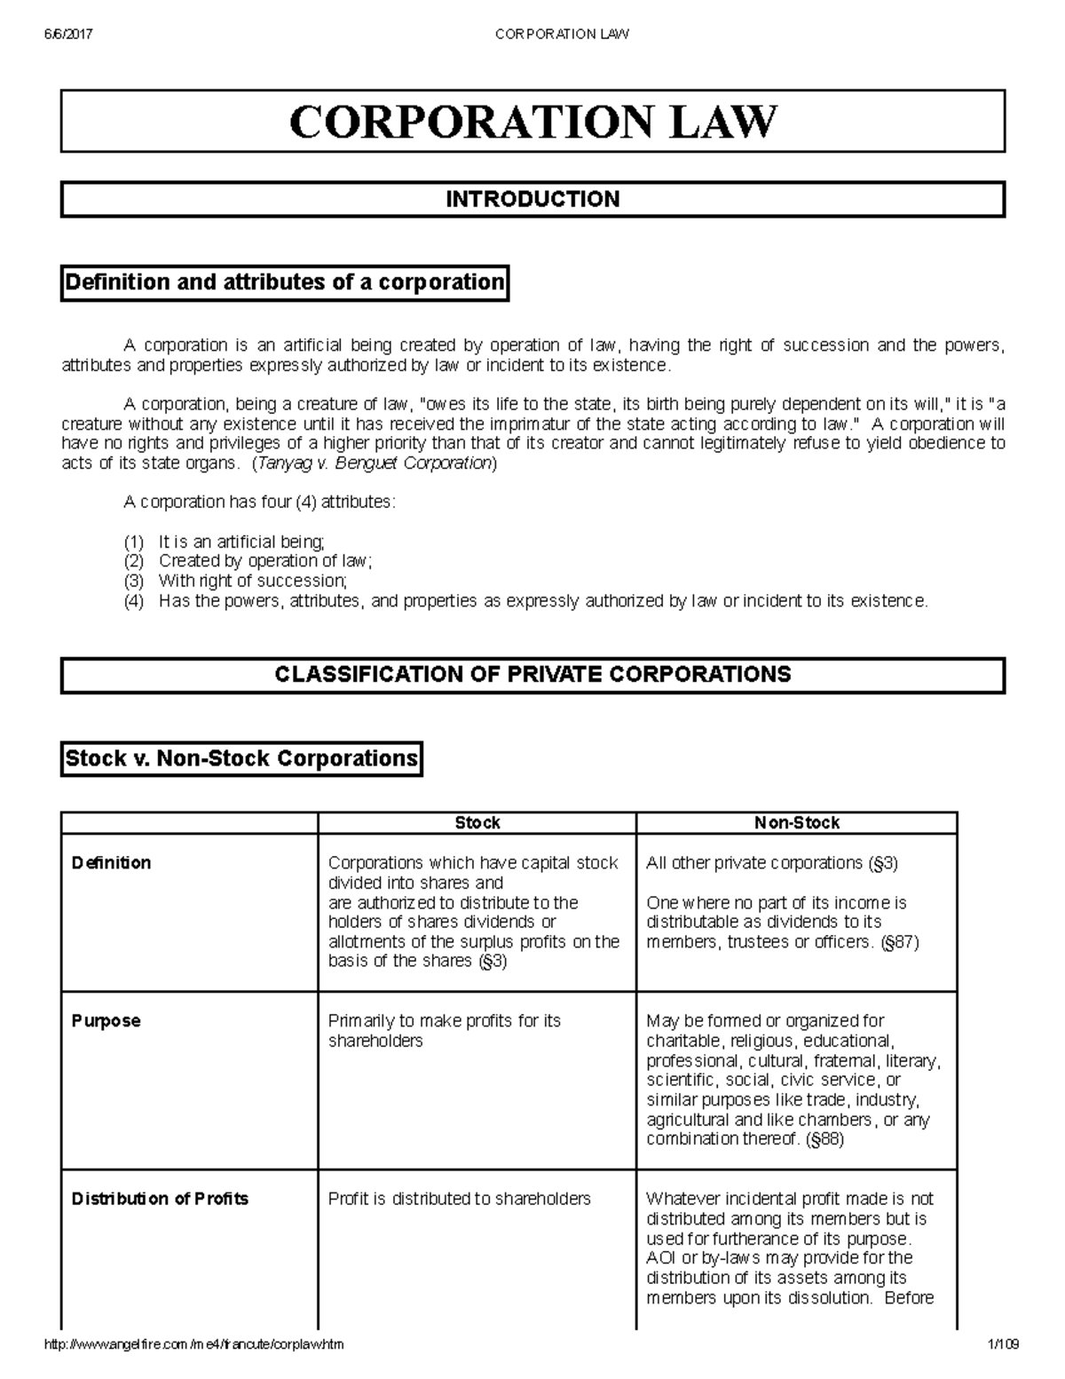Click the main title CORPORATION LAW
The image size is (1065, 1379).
pyautogui.click(x=532, y=122)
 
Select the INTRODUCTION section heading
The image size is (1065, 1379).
pyautogui.click(x=532, y=199)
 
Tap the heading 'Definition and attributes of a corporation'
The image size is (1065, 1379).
pyautogui.click(x=284, y=282)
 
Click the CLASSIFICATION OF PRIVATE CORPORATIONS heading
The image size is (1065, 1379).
pyautogui.click(x=532, y=674)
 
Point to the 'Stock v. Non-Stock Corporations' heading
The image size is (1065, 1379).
pyautogui.click(x=241, y=758)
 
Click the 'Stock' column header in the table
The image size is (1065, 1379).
pyautogui.click(x=477, y=823)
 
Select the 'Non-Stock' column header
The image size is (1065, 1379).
pyautogui.click(x=796, y=823)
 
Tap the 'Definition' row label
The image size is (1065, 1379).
pyautogui.click(x=111, y=862)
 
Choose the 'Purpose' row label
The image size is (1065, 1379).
pyautogui.click(x=106, y=1020)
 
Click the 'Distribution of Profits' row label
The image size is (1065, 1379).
pyautogui.click(x=160, y=1199)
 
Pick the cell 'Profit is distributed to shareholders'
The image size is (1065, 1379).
pyautogui.click(x=459, y=1199)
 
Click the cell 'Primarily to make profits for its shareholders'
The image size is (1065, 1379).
pyautogui.click(x=444, y=1030)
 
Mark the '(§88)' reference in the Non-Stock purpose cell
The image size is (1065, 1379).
pyautogui.click(x=824, y=1139)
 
